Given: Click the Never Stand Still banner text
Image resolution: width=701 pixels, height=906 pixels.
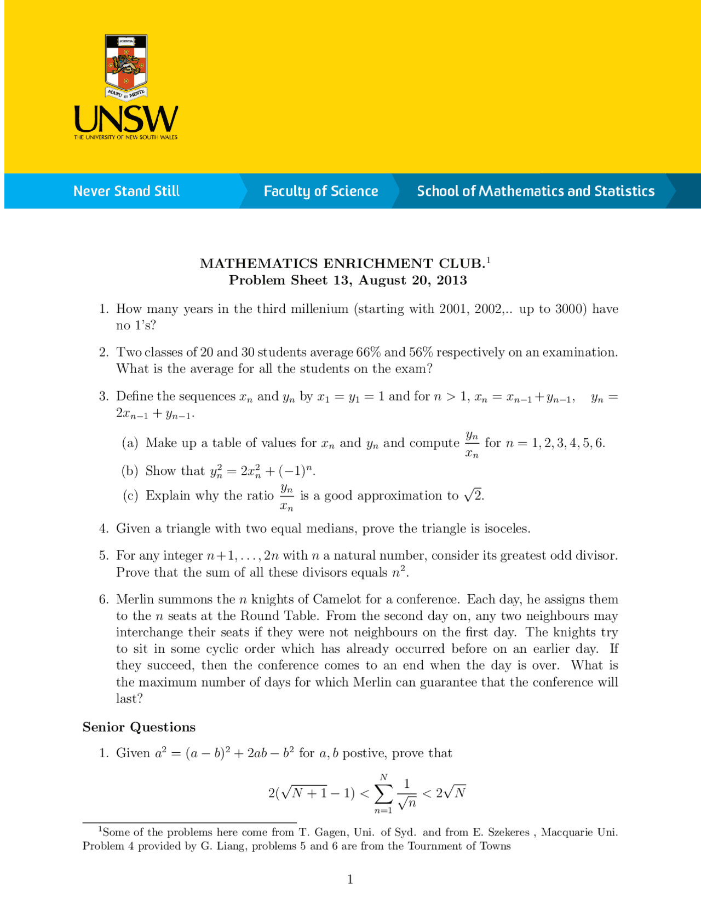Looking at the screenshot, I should (x=127, y=191).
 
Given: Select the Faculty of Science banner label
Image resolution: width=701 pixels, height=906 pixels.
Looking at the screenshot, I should (x=321, y=191).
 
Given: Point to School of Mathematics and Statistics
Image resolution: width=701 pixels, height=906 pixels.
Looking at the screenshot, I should (x=536, y=191).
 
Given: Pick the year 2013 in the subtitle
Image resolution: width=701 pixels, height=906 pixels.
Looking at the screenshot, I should (x=452, y=281).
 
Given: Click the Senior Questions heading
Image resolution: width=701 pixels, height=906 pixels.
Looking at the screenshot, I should (x=139, y=727).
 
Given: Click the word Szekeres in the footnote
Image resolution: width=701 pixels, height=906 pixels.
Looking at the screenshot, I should (x=508, y=833).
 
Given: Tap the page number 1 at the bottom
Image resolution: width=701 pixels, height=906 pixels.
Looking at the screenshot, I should (x=350, y=880).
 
